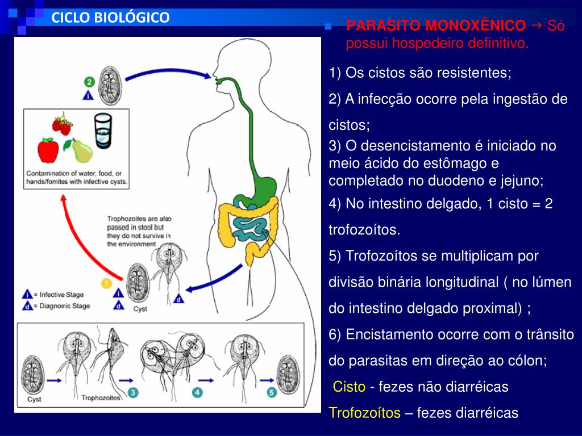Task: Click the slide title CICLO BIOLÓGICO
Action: tap(110, 18)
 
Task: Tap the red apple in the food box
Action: tap(48, 149)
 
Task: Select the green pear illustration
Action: tap(81, 151)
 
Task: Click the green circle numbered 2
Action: tap(88, 82)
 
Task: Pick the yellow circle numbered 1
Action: tap(106, 282)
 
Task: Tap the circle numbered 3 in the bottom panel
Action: tap(132, 392)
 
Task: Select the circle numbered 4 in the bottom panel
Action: tap(197, 392)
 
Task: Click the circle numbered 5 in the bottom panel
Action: tap(272, 392)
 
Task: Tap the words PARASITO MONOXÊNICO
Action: tap(436, 26)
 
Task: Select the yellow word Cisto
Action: tap(349, 387)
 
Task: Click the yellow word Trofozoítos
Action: tap(364, 413)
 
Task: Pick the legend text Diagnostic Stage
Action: tap(61, 306)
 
